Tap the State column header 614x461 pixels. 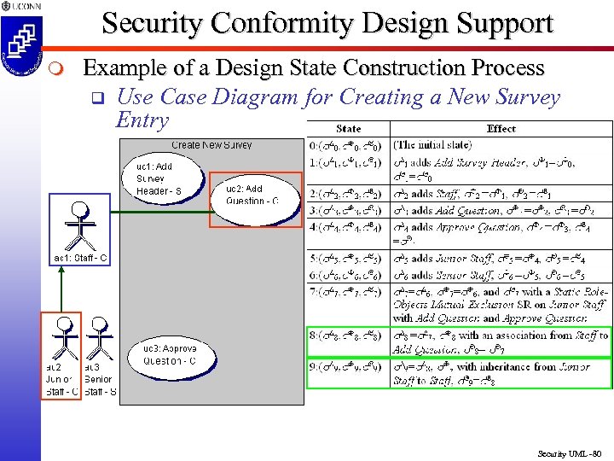click(348, 129)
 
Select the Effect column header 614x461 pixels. click(501, 129)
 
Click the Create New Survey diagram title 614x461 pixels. click(211, 145)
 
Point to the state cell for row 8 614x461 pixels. click(348, 336)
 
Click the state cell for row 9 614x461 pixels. click(348, 367)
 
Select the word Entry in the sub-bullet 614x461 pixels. click(142, 120)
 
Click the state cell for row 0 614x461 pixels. click(348, 145)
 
